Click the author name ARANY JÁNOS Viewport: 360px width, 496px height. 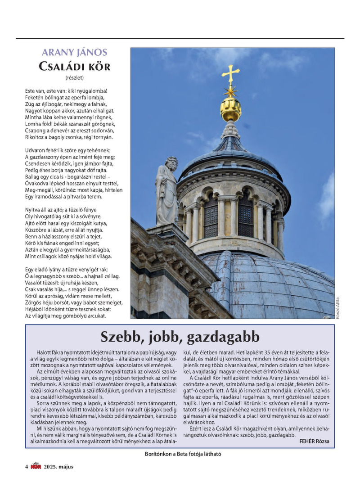tap(74, 52)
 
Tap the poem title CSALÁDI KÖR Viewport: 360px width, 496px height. tap(74, 67)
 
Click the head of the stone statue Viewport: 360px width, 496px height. tap(170, 162)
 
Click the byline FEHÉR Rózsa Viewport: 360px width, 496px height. tap(314, 441)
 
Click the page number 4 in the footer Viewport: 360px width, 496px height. tap(27, 466)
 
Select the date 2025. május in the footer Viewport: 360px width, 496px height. tap(58, 466)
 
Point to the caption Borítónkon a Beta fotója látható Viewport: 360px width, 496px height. tap(180, 454)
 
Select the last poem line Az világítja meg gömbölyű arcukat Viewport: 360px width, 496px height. tap(65, 316)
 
